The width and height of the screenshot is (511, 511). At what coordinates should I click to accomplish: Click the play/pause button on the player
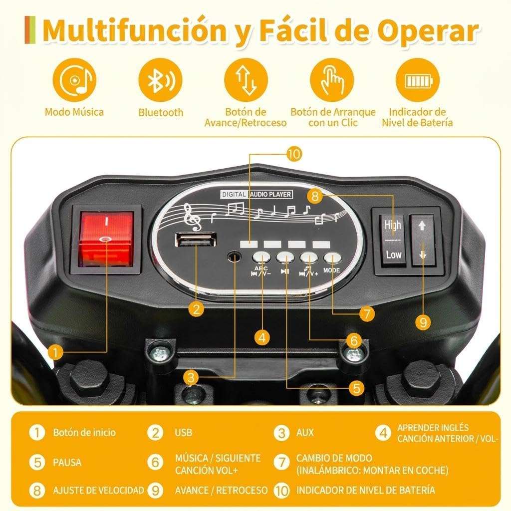click(285, 257)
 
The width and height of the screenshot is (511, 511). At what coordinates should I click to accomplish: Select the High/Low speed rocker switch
click(392, 240)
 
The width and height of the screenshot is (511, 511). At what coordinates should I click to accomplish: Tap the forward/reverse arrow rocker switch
click(423, 240)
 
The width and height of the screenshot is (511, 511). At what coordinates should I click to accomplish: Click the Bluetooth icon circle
click(160, 80)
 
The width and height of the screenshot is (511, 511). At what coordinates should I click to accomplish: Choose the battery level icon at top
click(418, 80)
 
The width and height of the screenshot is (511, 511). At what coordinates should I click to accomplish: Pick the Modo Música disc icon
click(75, 80)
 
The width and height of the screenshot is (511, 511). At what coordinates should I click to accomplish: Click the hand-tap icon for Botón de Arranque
click(332, 80)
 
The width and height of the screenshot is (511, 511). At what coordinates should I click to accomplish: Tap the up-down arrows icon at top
click(246, 80)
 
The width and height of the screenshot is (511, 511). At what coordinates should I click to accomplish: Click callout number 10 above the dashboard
click(294, 154)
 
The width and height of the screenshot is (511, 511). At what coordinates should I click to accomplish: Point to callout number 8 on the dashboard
click(315, 196)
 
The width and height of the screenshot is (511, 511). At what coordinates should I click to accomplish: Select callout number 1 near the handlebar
click(55, 352)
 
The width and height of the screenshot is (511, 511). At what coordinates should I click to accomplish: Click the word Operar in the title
click(428, 31)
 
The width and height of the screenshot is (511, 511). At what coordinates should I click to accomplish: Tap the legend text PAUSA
click(67, 463)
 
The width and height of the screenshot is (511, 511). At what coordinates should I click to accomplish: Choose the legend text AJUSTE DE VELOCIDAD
click(98, 490)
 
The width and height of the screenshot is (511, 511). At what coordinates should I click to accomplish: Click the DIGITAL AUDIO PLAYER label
click(256, 194)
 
